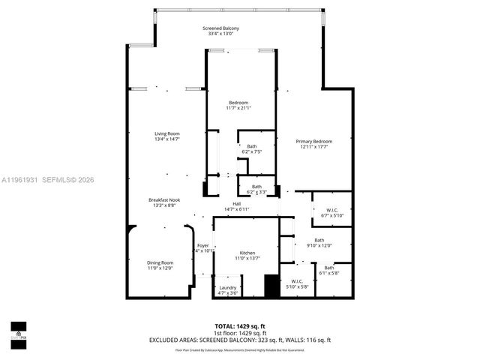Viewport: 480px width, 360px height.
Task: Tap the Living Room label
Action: (x=166, y=136)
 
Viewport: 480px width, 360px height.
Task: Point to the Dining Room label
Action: (x=159, y=265)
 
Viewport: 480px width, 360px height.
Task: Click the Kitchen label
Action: (x=247, y=255)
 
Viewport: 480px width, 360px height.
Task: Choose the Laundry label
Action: (x=227, y=290)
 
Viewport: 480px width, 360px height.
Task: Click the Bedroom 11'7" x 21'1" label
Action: (x=238, y=105)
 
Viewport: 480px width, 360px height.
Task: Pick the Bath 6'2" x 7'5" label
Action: (x=251, y=148)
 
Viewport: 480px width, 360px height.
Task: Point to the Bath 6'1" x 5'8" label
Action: (x=329, y=271)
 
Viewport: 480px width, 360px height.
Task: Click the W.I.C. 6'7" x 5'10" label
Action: (x=331, y=212)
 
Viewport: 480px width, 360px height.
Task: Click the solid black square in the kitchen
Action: (x=271, y=286)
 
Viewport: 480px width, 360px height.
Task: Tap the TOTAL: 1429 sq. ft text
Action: (x=240, y=326)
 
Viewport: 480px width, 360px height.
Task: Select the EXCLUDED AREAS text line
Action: (x=240, y=340)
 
